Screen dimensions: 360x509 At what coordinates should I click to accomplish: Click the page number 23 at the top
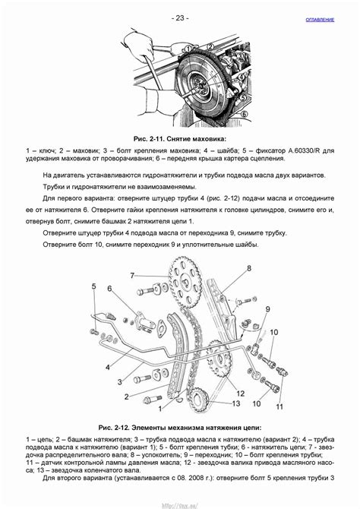point(180,18)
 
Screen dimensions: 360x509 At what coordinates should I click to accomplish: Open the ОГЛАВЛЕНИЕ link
point(320,20)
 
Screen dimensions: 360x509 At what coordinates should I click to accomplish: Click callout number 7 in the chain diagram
point(132,276)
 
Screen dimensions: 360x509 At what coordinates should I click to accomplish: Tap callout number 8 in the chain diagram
point(249,268)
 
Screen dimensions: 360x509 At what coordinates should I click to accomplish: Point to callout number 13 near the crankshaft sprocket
point(236,403)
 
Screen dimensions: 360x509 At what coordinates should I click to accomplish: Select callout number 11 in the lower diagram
point(279,406)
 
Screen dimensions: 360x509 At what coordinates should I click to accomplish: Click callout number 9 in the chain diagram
point(268,309)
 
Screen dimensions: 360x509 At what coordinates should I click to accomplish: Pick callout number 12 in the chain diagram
point(240,394)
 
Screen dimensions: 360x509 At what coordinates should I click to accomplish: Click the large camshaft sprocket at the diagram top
point(184,282)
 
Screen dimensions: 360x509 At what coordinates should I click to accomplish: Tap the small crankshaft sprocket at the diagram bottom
point(198,400)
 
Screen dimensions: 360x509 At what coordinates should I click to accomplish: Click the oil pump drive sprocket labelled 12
point(220,359)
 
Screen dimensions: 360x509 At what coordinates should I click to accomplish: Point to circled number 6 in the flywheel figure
point(245,114)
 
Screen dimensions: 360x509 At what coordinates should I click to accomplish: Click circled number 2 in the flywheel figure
point(210,47)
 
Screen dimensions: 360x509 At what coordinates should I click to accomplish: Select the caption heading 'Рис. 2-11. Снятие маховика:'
point(180,139)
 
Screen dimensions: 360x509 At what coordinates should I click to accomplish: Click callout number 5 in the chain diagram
point(94,286)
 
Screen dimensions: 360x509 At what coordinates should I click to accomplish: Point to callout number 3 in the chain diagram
point(120,382)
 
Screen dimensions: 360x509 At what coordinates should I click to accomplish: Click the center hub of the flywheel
point(199,85)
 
